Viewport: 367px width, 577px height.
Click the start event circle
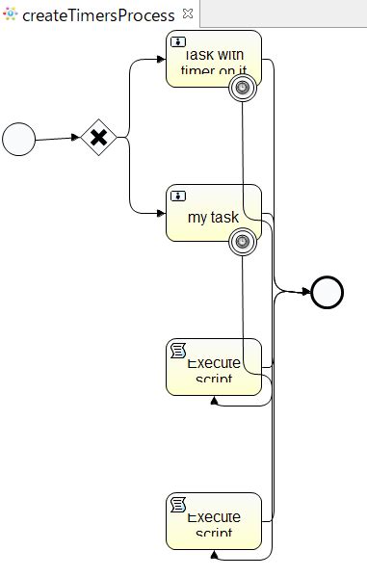click(x=18, y=139)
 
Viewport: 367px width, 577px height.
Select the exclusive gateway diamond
click(x=97, y=138)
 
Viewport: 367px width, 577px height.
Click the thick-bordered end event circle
click(x=328, y=292)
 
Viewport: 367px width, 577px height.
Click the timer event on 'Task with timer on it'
click(x=243, y=89)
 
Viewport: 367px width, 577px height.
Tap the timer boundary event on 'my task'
click(x=243, y=242)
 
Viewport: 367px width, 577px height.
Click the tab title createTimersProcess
click(x=99, y=14)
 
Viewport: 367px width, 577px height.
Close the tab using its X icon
click(x=187, y=13)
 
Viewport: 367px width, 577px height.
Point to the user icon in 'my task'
click(x=178, y=196)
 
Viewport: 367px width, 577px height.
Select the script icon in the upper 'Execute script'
click(x=178, y=351)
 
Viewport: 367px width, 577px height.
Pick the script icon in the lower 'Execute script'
click(x=178, y=505)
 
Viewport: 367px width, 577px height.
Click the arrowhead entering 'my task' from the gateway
click(x=161, y=212)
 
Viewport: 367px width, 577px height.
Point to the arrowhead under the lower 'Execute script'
click(x=213, y=555)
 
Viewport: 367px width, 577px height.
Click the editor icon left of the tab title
click(x=10, y=14)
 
